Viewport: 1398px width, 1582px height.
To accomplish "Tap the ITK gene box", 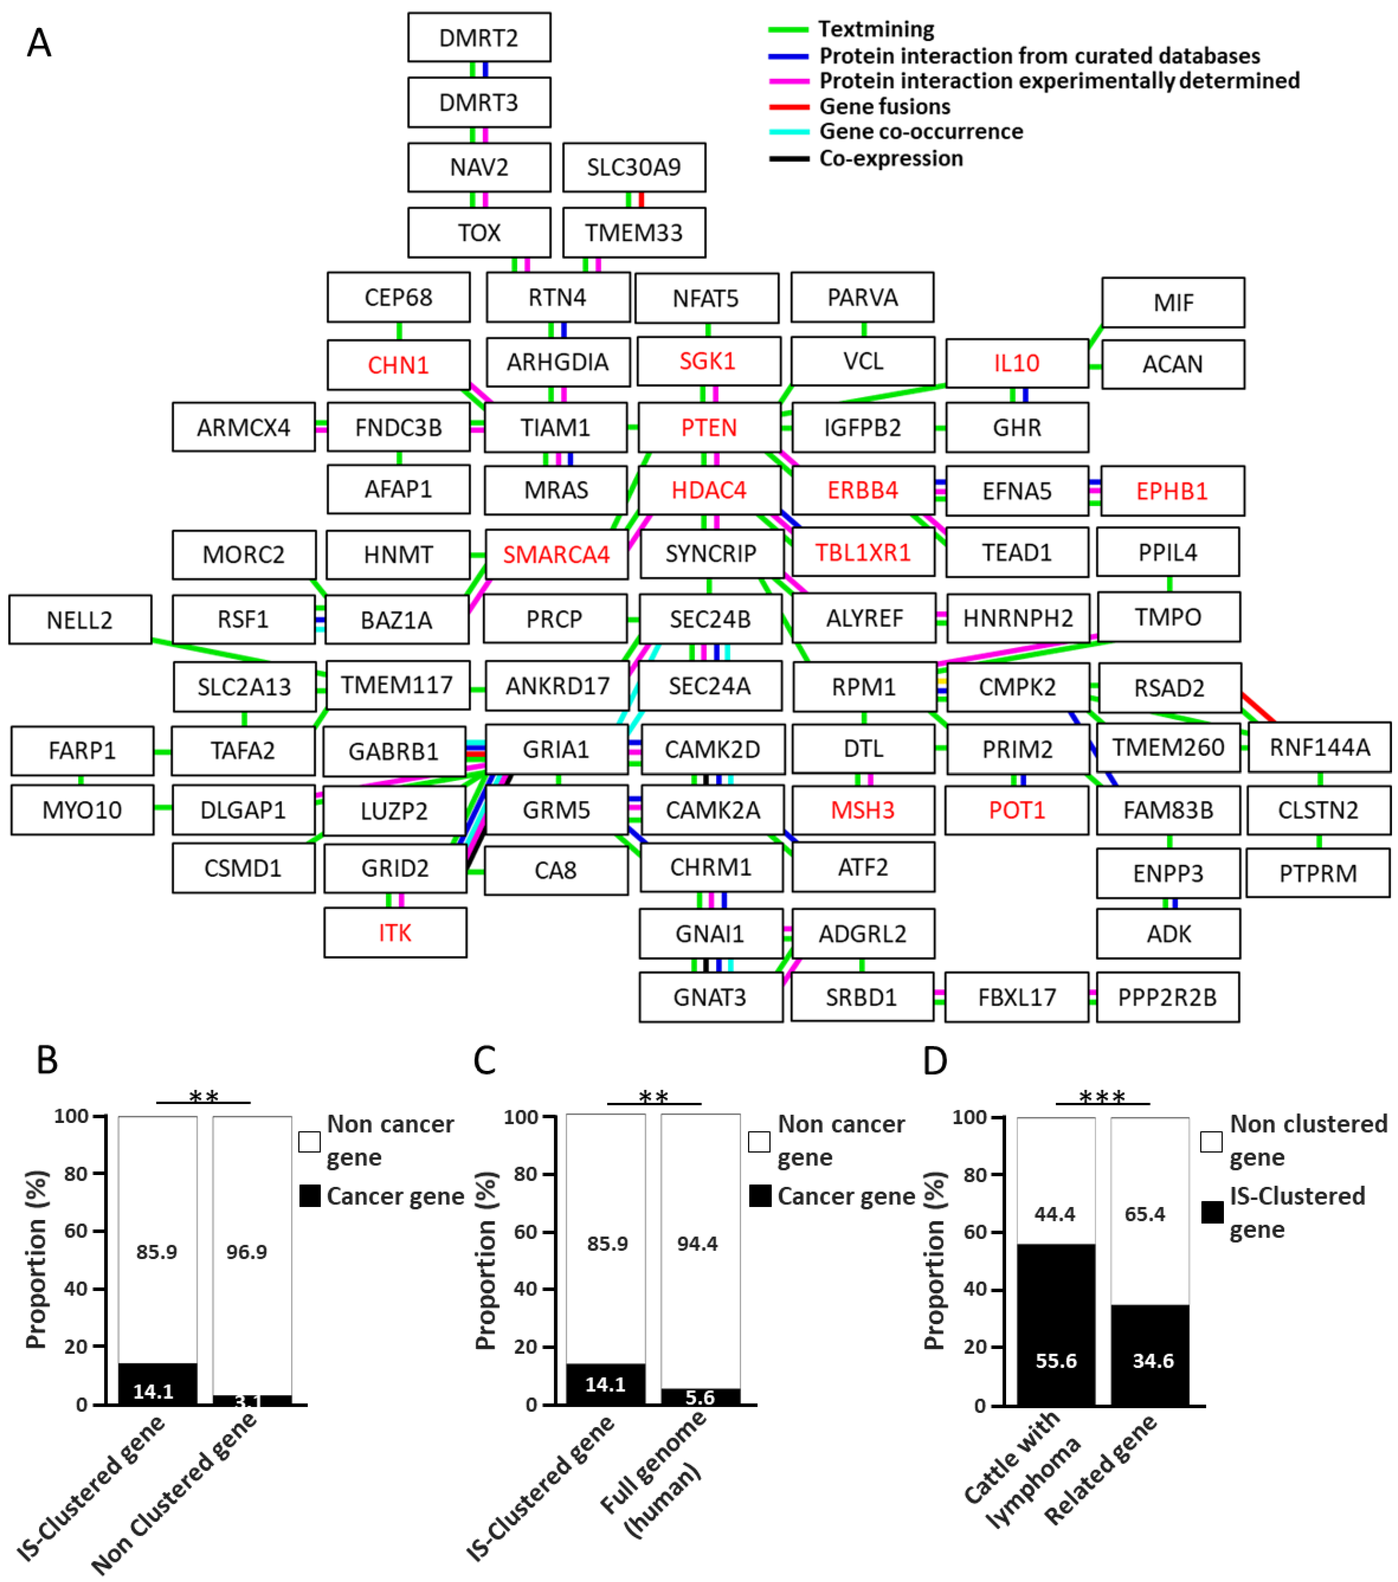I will click(x=395, y=933).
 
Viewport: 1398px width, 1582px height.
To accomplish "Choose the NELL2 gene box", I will click(x=80, y=619).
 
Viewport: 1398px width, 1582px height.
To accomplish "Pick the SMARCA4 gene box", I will click(x=556, y=554).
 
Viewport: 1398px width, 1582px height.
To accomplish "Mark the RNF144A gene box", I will click(x=1319, y=747).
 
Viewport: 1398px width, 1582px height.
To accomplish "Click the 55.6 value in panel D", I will click(x=1056, y=1361).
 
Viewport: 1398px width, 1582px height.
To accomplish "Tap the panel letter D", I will click(x=935, y=1060).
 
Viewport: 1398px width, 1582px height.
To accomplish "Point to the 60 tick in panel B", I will click(x=76, y=1231).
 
